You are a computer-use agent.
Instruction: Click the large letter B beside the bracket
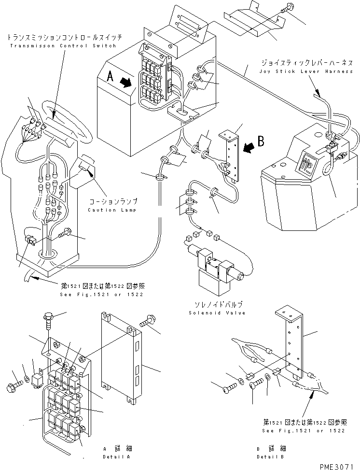pos(261,142)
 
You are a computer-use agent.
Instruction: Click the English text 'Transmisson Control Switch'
pos(61,46)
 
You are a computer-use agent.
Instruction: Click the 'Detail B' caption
pos(270,456)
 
